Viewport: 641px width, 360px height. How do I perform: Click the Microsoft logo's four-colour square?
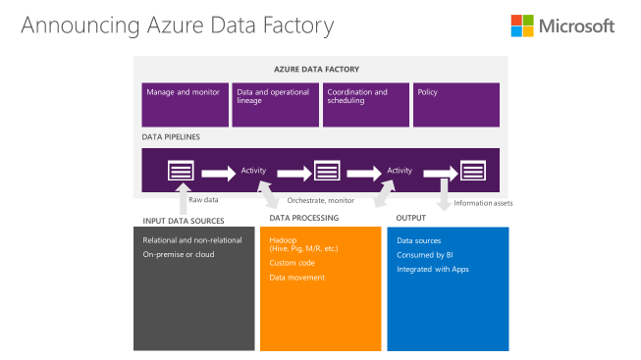coord(523,26)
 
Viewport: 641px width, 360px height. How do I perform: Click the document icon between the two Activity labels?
coord(326,171)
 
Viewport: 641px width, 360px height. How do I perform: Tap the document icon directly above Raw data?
coord(181,172)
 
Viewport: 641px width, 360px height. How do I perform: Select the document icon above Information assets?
coord(473,171)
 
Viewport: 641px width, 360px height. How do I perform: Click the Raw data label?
coord(203,201)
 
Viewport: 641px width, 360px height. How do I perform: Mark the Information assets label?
coord(484,203)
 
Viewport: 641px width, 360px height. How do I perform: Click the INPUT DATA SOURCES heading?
coord(184,220)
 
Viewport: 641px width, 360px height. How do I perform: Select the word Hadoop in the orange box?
coord(284,240)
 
